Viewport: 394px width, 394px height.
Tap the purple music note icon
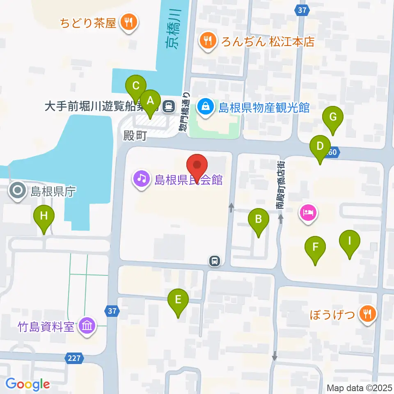click(142, 179)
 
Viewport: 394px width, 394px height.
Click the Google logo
click(27, 384)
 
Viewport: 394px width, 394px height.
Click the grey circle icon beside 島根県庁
click(18, 191)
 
